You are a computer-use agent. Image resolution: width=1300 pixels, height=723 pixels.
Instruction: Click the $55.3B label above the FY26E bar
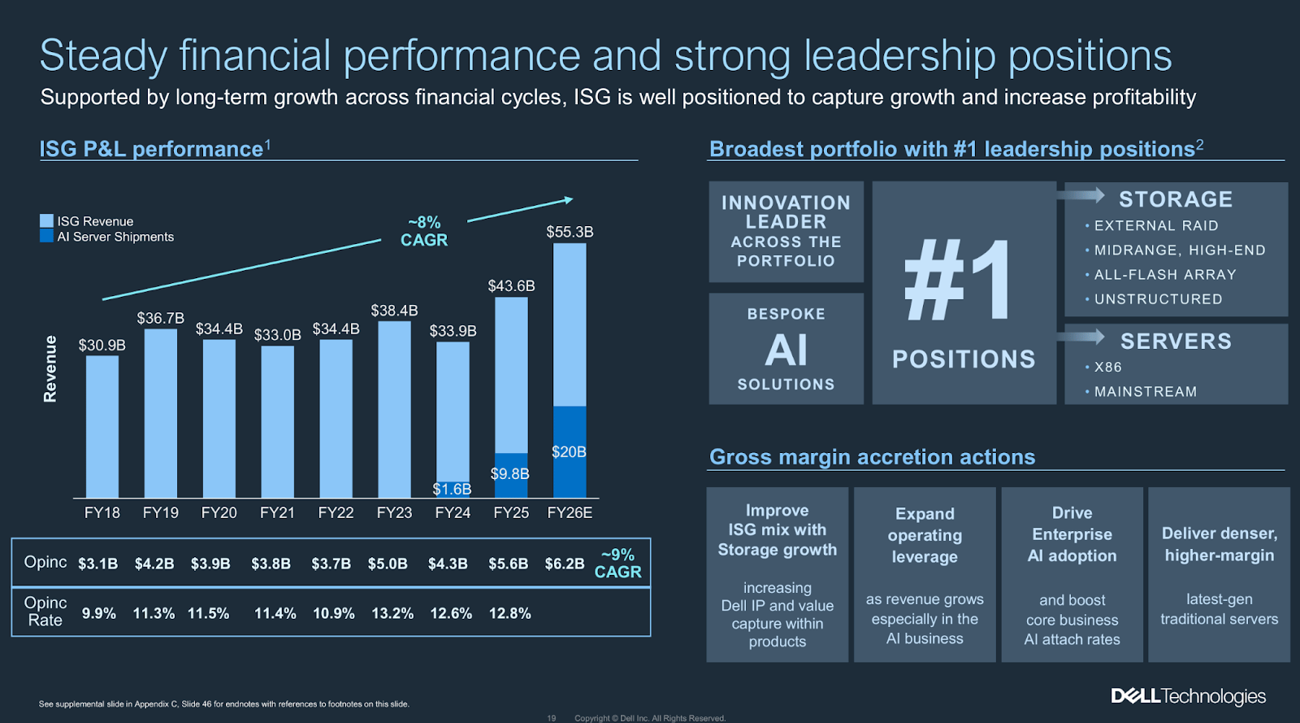click(x=570, y=232)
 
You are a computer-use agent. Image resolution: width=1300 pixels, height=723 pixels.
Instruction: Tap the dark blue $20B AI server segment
click(x=569, y=452)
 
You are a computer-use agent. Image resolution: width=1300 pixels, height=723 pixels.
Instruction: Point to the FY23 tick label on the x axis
click(x=394, y=513)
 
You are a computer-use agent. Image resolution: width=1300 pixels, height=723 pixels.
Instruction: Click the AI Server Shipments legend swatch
click(x=47, y=237)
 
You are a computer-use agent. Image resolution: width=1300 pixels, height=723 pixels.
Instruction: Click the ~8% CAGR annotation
click(x=423, y=231)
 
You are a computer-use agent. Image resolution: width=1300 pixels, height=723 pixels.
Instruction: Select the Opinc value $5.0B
click(x=388, y=564)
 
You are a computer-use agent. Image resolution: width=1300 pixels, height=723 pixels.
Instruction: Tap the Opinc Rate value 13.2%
click(x=392, y=613)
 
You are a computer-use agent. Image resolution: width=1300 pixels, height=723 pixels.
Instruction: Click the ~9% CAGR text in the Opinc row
click(x=617, y=563)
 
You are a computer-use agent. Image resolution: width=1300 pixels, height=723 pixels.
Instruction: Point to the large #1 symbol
click(x=960, y=281)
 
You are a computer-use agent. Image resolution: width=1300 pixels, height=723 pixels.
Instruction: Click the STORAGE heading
click(x=1175, y=199)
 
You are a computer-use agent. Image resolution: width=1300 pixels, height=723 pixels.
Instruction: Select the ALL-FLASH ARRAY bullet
click(x=1164, y=275)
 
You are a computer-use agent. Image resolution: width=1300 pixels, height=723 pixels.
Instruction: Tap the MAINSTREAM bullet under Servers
click(x=1145, y=392)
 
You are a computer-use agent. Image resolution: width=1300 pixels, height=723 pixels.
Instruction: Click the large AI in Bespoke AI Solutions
click(x=786, y=351)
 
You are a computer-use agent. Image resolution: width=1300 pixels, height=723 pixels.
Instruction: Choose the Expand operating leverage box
click(x=925, y=574)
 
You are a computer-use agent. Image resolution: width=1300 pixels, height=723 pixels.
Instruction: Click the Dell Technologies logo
click(x=1188, y=696)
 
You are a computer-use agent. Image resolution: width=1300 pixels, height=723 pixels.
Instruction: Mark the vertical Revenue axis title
click(x=50, y=368)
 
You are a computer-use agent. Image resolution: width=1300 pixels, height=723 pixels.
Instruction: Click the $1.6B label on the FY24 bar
click(x=452, y=489)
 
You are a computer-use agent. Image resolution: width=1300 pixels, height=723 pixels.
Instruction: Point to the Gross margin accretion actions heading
click(x=872, y=457)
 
